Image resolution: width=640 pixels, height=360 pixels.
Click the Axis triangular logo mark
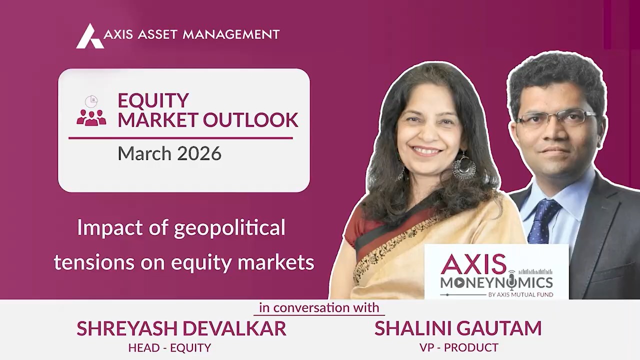(x=89, y=36)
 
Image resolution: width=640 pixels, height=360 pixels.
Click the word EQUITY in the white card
(x=153, y=100)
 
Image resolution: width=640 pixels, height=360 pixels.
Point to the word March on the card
(x=141, y=153)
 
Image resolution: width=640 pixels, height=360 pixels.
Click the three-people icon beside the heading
(x=91, y=117)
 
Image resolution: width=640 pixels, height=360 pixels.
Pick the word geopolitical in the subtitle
(x=229, y=228)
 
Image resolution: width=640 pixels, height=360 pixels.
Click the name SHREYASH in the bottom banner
(x=126, y=328)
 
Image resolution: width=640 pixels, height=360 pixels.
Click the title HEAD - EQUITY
(x=169, y=347)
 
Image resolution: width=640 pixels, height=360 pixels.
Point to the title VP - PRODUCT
(x=458, y=347)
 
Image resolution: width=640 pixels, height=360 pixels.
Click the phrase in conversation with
(x=319, y=307)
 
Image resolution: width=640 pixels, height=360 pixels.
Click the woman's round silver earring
(x=463, y=167)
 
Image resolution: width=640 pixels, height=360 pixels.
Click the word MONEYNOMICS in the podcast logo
(x=496, y=282)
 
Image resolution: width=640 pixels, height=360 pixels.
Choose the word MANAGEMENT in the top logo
(x=231, y=34)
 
